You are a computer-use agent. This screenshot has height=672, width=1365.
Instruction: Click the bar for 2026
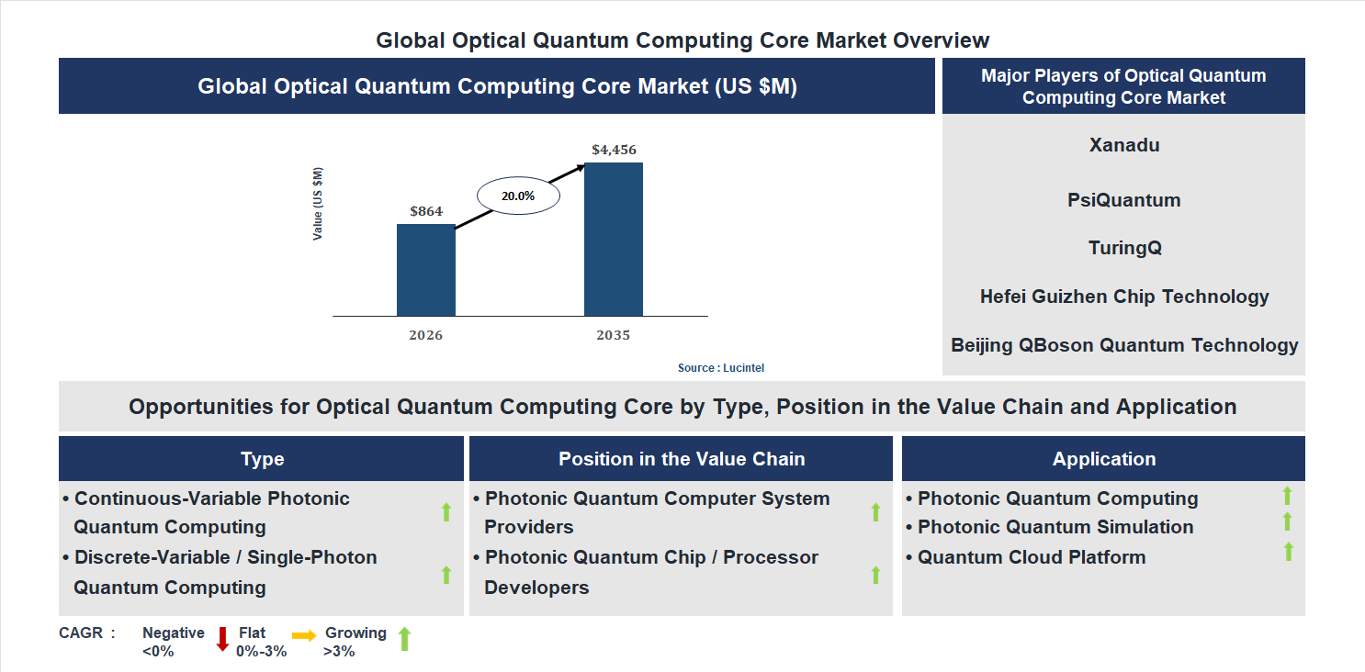(425, 270)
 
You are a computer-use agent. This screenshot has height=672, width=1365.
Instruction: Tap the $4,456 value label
(614, 150)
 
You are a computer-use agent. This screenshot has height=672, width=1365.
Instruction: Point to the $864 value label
(426, 211)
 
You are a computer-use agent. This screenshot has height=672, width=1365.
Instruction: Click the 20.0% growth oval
(517, 196)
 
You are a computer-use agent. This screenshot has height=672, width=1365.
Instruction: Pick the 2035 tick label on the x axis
(613, 335)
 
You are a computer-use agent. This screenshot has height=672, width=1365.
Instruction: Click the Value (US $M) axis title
(318, 204)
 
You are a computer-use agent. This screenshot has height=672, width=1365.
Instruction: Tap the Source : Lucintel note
(721, 367)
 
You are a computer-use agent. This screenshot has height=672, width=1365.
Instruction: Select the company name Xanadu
(1123, 145)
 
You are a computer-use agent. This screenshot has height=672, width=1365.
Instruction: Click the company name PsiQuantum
(1123, 200)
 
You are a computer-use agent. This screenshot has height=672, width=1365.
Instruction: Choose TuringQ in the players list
(1123, 248)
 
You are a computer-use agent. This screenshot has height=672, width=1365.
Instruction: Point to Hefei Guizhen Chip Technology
(1123, 297)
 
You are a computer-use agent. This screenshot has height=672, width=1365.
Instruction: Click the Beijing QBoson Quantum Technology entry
(1123, 345)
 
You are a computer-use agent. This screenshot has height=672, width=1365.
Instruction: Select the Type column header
(262, 459)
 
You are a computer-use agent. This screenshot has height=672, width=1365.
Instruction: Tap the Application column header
(1103, 459)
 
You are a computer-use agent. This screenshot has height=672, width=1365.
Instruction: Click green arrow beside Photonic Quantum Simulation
(1287, 522)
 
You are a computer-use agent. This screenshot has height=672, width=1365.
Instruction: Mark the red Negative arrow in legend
(221, 639)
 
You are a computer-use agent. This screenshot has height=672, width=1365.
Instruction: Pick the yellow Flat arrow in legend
(304, 635)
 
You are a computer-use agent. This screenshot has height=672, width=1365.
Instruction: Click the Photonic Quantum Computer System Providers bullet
(656, 512)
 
